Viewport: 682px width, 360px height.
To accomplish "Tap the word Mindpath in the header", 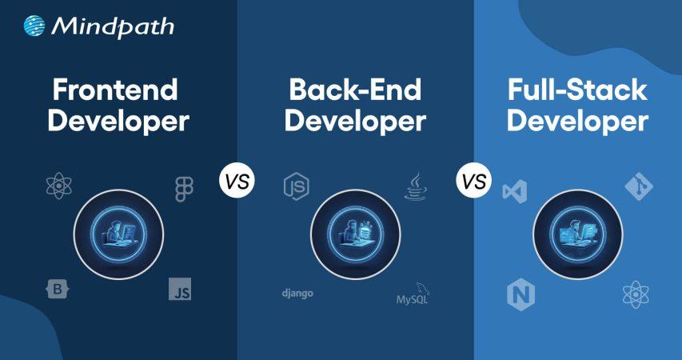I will coord(112,27).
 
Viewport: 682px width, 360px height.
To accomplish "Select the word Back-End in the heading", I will coord(355,90).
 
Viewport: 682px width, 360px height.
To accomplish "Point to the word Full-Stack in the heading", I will coord(577,90).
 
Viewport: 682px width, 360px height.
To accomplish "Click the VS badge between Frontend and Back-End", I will coord(237,181).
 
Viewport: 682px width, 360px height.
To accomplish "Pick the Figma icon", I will coord(184,189).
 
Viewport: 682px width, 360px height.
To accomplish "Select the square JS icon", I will coord(180,289).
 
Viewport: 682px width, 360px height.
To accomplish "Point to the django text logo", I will coord(297,294).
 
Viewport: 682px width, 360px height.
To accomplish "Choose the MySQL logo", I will coord(416,297).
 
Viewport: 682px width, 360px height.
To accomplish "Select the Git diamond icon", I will coord(639,187).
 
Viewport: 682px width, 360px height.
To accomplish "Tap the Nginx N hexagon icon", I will coord(520,295).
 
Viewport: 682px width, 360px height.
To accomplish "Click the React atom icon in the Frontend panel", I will coord(60,187).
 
